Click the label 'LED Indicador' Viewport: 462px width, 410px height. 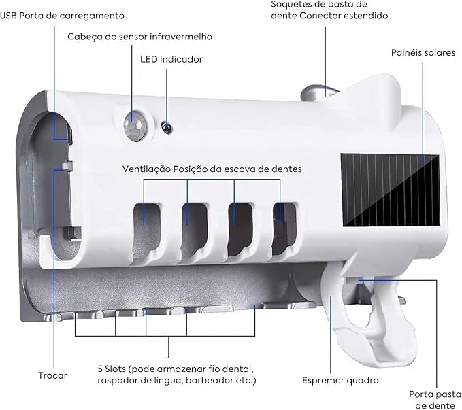pyautogui.click(x=171, y=59)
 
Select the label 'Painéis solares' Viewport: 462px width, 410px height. pyautogui.click(x=423, y=52)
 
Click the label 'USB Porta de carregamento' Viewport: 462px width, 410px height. pyautogui.click(x=62, y=14)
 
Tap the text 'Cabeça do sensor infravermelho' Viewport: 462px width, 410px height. pyautogui.click(x=139, y=36)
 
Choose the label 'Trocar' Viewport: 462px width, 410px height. pyautogui.click(x=52, y=375)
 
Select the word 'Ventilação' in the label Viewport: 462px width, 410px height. pyautogui.click(x=146, y=168)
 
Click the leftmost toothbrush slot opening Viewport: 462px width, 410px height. pyautogui.click(x=144, y=213)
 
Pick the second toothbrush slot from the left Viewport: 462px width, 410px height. pyautogui.click(x=189, y=213)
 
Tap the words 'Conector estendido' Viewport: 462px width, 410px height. pyautogui.click(x=351, y=15)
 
